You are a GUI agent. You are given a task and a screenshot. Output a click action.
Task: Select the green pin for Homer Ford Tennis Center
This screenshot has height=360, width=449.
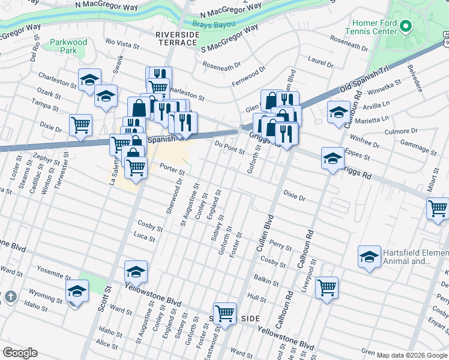pos(406,26)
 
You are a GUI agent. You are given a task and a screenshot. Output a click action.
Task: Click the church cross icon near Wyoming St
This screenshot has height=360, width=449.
pos(10,297)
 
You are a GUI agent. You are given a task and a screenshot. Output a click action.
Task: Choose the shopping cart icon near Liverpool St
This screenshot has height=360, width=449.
pos(327,288)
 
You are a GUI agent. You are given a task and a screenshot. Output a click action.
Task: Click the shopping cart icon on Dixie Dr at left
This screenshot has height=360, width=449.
pos(80,125)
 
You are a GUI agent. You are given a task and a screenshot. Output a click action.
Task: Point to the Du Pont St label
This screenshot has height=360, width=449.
pos(230,147)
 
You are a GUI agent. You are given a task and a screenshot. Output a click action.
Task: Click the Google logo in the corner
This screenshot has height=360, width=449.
pos(20,353)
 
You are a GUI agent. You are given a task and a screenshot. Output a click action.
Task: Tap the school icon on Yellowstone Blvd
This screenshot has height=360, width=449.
pos(136,272)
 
